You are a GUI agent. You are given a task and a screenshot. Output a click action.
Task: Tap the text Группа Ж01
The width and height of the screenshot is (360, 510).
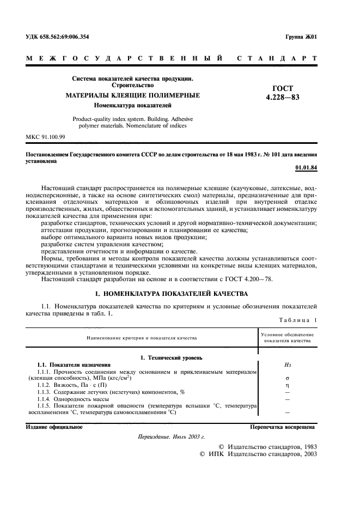pos(301,37)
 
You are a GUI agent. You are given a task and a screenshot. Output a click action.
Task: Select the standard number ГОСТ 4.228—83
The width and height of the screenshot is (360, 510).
pos(283,93)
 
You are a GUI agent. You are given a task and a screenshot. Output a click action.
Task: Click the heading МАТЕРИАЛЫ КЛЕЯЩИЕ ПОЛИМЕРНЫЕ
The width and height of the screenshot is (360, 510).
pos(132,95)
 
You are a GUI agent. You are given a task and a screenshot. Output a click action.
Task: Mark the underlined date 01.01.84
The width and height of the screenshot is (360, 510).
pos(306,167)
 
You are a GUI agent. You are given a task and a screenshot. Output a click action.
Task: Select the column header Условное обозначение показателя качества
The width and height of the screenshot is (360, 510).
pos(287,337)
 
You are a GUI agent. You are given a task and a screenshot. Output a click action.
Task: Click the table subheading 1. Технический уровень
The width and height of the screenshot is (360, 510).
pos(172,357)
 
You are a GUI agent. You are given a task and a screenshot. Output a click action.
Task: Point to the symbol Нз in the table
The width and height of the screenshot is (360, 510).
pos(287,365)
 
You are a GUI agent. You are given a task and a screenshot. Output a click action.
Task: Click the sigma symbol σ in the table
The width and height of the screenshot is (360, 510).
pos(287,378)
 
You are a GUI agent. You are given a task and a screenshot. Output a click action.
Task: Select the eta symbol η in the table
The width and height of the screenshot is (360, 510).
pos(287,385)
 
